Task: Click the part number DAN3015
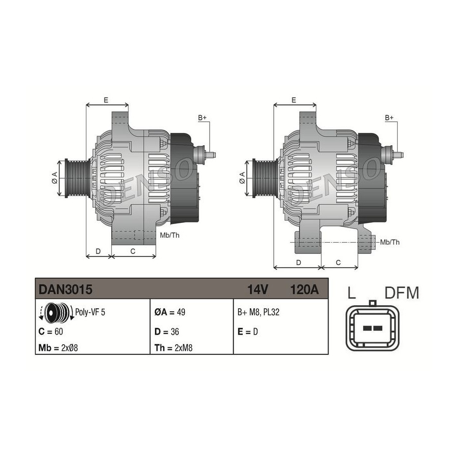coord(66,289)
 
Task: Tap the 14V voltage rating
coord(257,289)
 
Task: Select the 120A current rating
coord(304,289)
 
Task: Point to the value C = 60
coord(51,332)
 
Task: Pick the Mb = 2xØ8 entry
coord(58,348)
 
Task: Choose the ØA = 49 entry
coord(170,312)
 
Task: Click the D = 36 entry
coord(167,332)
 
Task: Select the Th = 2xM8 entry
coord(173,348)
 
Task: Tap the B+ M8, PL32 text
coord(258,312)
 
